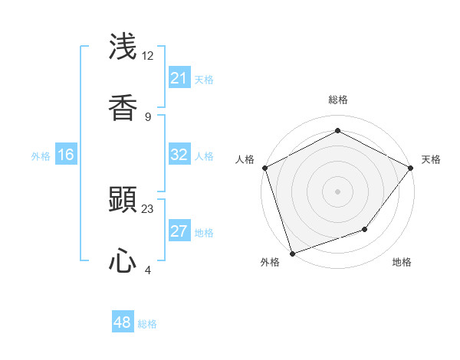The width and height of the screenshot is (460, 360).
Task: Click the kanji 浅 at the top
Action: click(123, 47)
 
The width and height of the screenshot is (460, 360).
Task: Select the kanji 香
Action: click(123, 107)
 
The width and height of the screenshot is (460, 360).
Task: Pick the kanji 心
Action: click(123, 262)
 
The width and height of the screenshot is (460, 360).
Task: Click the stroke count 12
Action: click(148, 56)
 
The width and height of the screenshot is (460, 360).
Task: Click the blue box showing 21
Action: click(179, 78)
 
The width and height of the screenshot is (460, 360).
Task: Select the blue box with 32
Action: click(179, 155)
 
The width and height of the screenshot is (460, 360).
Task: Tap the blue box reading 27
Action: click(179, 231)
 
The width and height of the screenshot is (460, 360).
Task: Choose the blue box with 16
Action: click(66, 155)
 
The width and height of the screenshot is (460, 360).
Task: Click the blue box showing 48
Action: click(123, 322)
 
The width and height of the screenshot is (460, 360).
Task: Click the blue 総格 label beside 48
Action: click(147, 324)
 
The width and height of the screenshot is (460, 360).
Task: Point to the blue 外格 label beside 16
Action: click(41, 155)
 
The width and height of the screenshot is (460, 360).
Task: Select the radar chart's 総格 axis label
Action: click(338, 100)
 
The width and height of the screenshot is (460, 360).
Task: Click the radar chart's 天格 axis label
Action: click(431, 159)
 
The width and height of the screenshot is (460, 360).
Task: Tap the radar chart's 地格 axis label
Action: click(402, 262)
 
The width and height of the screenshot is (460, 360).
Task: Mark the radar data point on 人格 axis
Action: click(264, 168)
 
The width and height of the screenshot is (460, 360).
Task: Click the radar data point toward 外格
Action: click(292, 253)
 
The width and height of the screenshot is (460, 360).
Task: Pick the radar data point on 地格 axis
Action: click(366, 229)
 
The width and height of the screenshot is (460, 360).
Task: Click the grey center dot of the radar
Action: click(338, 191)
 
